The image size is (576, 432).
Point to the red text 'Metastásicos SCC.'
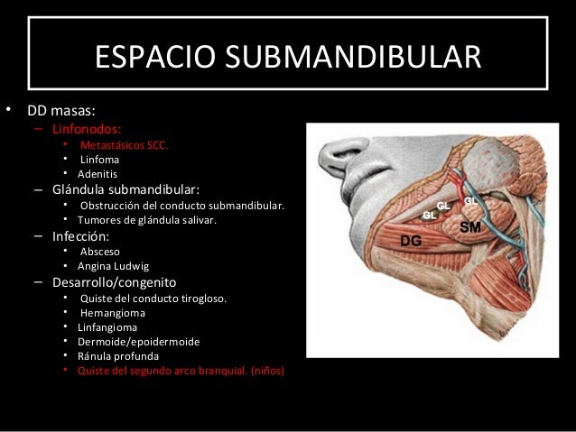point(124,144)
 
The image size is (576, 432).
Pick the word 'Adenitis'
point(98,174)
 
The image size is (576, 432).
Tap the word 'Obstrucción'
point(113,206)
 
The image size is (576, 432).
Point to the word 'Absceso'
point(100,252)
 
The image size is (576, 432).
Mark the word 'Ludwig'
point(131,267)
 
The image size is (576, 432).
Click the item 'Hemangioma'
point(113,313)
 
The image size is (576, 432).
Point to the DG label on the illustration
point(411,240)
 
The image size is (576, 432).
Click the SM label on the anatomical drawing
point(469,227)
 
